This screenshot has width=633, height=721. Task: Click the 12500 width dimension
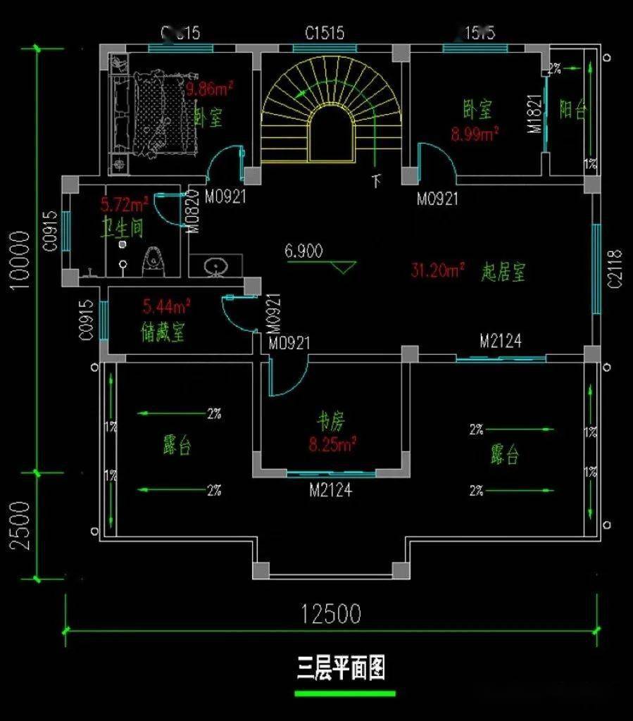(331, 614)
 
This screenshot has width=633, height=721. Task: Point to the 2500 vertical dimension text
(20, 525)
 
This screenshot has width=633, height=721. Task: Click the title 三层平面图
(340, 668)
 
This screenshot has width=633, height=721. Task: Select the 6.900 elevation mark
(303, 251)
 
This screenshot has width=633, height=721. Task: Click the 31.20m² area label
(437, 270)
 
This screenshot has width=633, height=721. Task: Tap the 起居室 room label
(503, 272)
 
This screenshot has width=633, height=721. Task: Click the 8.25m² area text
(332, 444)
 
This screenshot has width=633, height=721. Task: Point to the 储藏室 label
(163, 332)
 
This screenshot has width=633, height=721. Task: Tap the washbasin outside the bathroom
(216, 266)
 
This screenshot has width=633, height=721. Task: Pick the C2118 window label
(615, 268)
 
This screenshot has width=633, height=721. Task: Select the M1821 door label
(535, 115)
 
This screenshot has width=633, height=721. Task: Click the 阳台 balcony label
(572, 110)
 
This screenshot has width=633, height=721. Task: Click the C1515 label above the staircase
(324, 33)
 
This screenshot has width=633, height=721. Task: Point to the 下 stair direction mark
(376, 181)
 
